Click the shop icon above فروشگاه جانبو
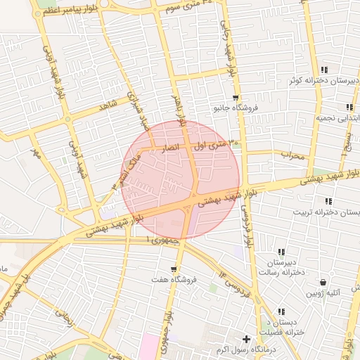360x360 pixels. pos(236,98)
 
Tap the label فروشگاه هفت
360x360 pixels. pos(174,280)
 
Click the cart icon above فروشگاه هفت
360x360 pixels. pos(174,269)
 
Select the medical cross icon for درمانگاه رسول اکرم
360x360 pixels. pos(246,339)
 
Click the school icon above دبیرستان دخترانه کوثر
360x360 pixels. pos(323,70)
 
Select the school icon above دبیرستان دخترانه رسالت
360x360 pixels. pos(281,252)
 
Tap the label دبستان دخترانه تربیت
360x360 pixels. pos(316,212)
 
